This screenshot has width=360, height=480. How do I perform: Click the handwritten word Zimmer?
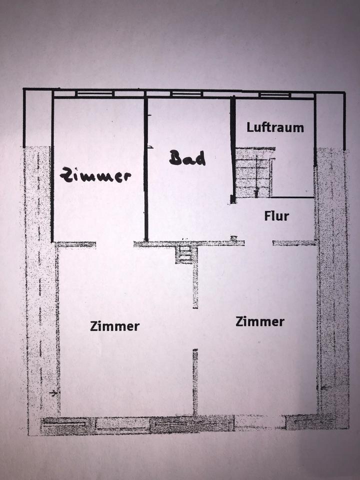[x=95, y=175]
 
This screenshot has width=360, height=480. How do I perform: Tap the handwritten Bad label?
[x=187, y=158]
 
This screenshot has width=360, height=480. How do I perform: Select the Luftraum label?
[x=275, y=127]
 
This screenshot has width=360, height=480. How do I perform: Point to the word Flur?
[x=276, y=216]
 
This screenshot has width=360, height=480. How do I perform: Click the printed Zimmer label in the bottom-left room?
[x=114, y=326]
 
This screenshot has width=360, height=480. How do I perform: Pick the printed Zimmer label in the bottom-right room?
[x=260, y=321]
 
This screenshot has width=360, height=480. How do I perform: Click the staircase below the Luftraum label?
[x=254, y=172]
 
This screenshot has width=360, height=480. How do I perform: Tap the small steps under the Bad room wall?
[x=184, y=254]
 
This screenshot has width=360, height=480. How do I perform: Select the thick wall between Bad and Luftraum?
[x=232, y=150]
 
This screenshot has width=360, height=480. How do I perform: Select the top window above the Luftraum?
[x=275, y=94]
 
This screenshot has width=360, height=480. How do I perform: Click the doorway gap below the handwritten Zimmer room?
[x=114, y=244]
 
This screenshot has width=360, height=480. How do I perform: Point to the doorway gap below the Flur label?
[x=258, y=243]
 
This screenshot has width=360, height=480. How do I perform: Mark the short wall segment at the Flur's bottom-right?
[x=294, y=243]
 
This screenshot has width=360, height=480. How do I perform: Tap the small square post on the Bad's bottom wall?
[x=233, y=238]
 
